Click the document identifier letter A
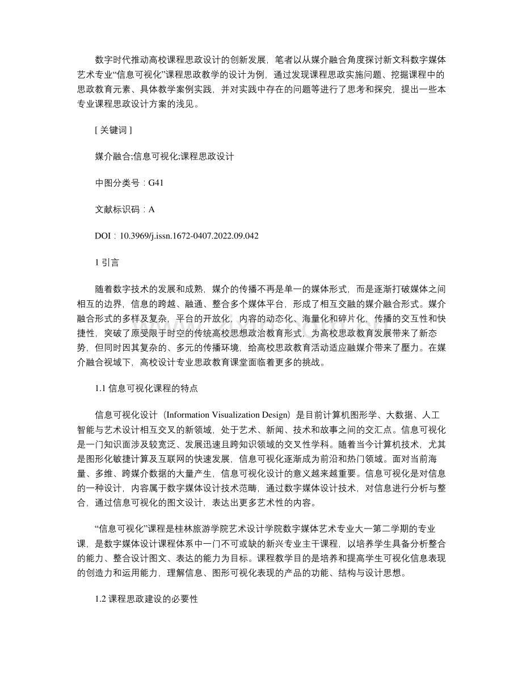tap(151, 209)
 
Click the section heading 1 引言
tap(106, 262)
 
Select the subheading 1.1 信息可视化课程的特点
tap(146, 389)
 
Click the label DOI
tap(103, 236)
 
